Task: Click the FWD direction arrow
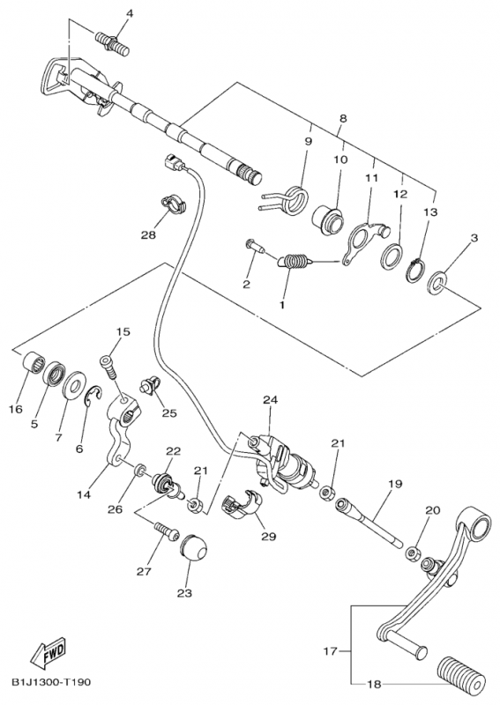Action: click(49, 651)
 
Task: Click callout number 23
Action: click(184, 592)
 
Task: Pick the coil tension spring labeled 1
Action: click(294, 262)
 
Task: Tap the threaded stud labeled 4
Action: click(112, 42)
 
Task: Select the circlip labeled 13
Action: click(417, 271)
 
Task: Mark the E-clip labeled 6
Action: click(93, 395)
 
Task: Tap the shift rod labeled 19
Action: click(369, 523)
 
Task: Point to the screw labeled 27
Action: click(166, 532)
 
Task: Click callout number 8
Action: click(343, 119)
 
